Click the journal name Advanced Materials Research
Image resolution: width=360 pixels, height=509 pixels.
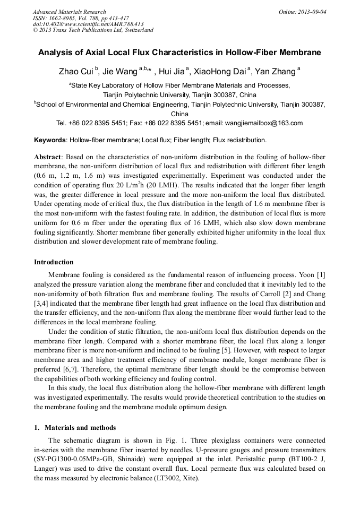[69, 12]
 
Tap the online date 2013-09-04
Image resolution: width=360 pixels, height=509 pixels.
[310, 12]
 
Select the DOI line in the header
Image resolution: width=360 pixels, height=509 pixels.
[88, 24]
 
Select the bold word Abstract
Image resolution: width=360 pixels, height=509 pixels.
[48, 158]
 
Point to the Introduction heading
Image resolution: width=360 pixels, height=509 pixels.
[54, 262]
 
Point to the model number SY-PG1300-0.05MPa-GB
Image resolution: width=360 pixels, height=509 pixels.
[75, 460]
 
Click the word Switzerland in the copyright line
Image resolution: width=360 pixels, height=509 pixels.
[138, 30]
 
